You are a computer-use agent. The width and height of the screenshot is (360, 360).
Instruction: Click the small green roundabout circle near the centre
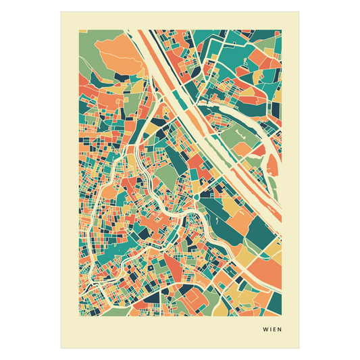(x=195, y=195)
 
